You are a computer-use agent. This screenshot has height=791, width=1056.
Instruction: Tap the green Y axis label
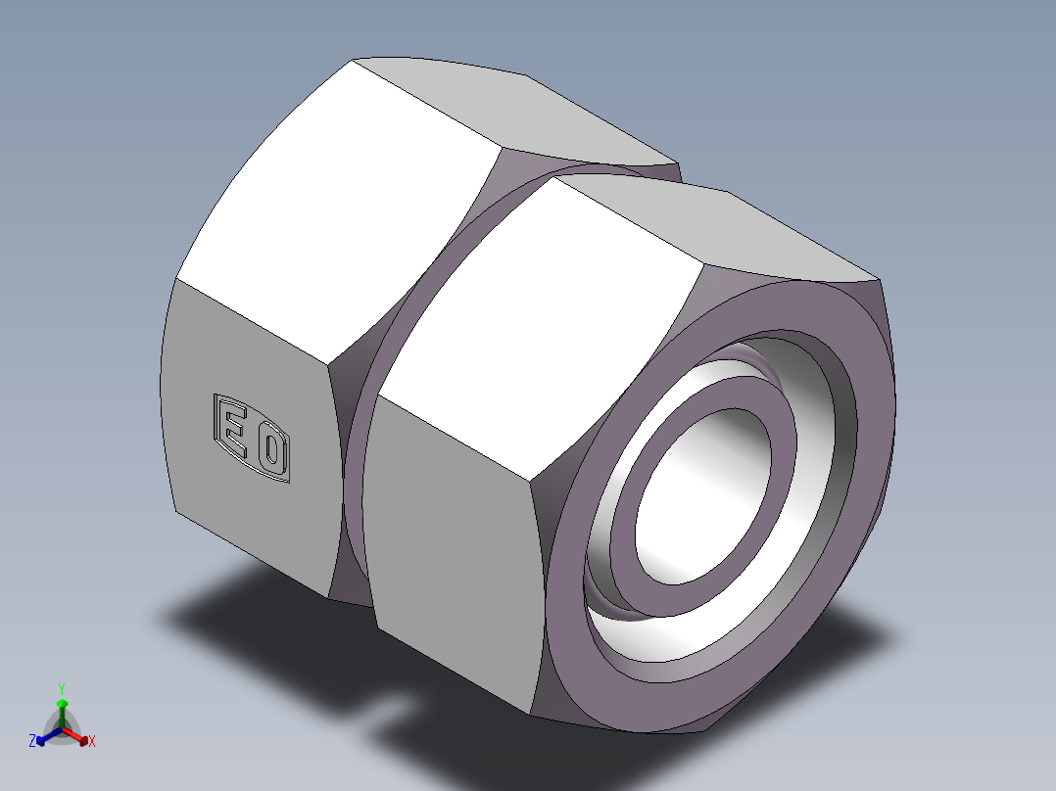tap(61, 689)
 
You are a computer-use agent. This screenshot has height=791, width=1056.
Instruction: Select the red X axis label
tap(92, 742)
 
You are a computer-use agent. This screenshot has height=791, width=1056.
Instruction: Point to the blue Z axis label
tap(32, 742)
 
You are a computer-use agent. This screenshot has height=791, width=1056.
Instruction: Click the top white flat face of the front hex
tap(549, 313)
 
